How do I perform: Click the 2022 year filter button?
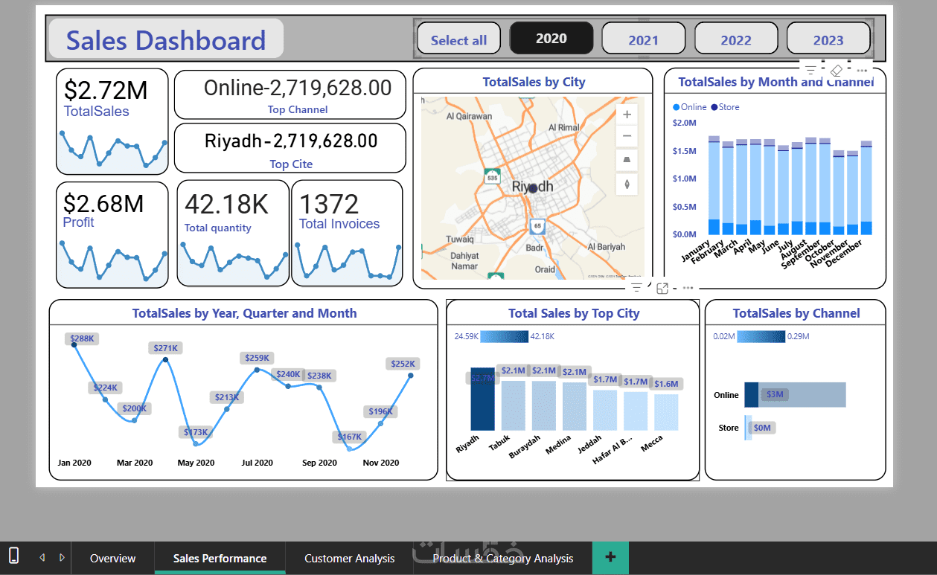pos(736,39)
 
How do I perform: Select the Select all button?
pos(458,39)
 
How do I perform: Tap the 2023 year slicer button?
pos(828,39)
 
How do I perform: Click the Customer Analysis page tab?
pos(349,558)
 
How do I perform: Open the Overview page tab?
pos(112,558)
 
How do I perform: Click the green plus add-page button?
pos(610,557)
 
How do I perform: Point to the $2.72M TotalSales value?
pos(106,91)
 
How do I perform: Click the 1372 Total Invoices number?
pos(329,204)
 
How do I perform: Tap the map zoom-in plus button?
pos(627,115)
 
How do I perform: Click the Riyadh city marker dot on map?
pos(533,189)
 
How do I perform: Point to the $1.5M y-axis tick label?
pos(684,151)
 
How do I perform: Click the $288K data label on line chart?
pos(82,338)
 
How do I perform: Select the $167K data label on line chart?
pos(349,437)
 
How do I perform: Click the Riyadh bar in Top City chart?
pos(482,399)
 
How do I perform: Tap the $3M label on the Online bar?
pos(775,394)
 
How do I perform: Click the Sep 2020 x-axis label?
pos(319,463)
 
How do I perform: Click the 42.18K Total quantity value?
pos(226,205)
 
